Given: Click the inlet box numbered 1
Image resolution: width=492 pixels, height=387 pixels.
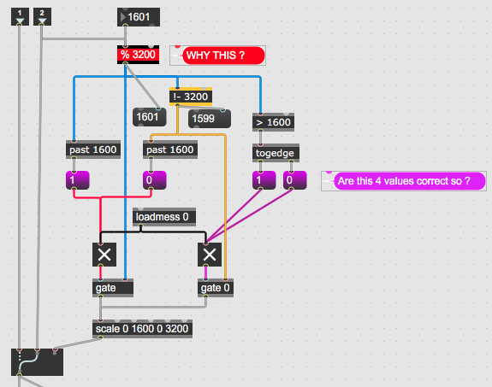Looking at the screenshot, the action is (20, 16).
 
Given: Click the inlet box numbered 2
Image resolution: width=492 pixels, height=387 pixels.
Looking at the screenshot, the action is (42, 16).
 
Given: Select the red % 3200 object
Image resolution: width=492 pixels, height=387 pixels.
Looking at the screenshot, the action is (138, 55).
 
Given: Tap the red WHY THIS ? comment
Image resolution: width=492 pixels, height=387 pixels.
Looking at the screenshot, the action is (223, 56).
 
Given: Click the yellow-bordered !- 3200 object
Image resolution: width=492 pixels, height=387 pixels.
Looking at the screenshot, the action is (191, 97).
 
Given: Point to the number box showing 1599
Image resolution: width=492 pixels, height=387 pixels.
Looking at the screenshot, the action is (210, 119).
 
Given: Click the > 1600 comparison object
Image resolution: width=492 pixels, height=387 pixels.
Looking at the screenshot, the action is (273, 122).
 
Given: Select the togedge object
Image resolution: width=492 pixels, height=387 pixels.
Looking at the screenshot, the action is (276, 153).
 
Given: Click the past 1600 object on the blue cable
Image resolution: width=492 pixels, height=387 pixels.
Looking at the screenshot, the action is (93, 150).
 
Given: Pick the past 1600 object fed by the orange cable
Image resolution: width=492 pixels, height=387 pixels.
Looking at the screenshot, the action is (170, 150).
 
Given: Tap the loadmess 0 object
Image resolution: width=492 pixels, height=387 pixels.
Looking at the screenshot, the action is (164, 217).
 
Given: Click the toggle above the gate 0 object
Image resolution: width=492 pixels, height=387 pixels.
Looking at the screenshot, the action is (210, 255).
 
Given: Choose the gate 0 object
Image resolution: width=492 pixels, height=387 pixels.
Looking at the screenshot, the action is (216, 288).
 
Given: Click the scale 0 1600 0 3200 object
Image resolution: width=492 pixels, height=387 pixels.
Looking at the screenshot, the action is (142, 329).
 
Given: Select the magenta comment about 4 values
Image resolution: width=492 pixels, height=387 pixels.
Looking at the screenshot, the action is (410, 181).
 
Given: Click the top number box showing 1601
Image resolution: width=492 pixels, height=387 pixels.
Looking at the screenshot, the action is (139, 17).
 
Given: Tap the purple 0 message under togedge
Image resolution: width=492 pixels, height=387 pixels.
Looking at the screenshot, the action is (295, 180).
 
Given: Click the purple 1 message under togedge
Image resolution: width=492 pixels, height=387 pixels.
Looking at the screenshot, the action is (264, 180).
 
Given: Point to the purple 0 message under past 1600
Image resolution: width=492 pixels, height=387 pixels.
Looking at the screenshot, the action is (155, 180).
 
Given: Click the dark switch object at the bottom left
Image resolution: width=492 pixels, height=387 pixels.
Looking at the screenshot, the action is (37, 362).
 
